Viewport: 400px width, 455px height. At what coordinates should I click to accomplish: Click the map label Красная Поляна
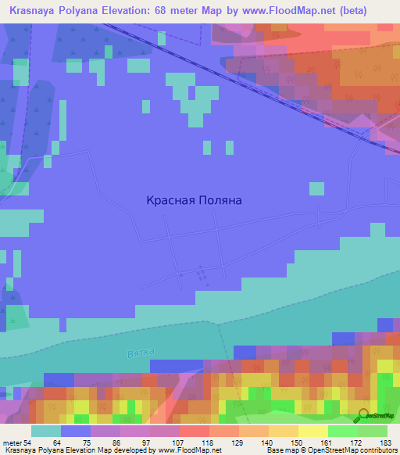point(194,200)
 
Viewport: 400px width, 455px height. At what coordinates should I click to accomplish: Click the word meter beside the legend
point(12,442)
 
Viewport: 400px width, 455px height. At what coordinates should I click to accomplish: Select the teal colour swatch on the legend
point(45,431)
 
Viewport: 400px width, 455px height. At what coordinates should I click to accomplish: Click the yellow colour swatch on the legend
point(312,431)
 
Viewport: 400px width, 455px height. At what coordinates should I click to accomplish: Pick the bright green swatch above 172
point(342,431)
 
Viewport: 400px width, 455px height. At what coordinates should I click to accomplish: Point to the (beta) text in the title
point(367,10)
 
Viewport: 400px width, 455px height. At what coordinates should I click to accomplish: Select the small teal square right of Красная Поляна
point(316,188)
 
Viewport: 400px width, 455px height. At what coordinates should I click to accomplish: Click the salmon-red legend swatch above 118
point(194,431)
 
